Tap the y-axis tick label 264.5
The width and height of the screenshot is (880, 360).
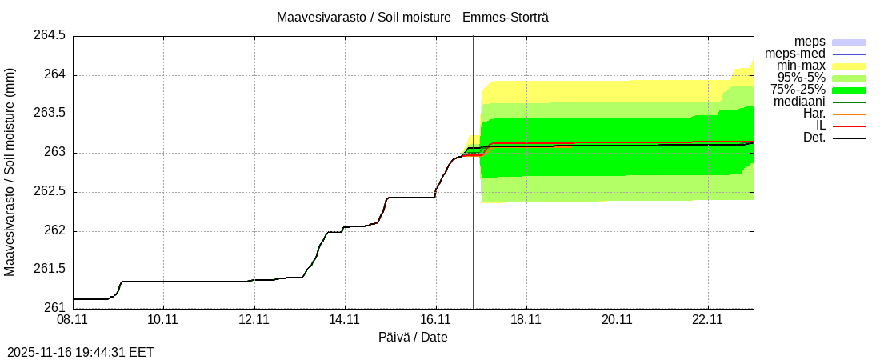[x=49, y=36]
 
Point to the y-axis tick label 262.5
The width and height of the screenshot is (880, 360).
[x=49, y=192]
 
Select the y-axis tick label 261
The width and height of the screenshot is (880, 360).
[x=54, y=308]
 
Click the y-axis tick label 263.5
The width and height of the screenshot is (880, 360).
[x=49, y=114]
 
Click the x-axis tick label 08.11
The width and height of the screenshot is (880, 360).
[x=72, y=319]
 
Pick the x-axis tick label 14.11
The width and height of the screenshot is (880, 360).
[x=345, y=319]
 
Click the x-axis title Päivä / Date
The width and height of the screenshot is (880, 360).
[x=413, y=338]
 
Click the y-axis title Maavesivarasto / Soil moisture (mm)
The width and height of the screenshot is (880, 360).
[x=10, y=172]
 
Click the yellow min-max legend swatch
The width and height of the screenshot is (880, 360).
[x=849, y=66]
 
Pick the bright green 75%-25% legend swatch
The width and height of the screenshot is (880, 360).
[x=849, y=90]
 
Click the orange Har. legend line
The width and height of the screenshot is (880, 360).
[x=849, y=114]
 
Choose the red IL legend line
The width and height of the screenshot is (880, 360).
[x=849, y=126]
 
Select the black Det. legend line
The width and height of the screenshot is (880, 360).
[x=849, y=138]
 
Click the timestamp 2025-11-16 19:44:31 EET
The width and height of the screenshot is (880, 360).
[x=81, y=352]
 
